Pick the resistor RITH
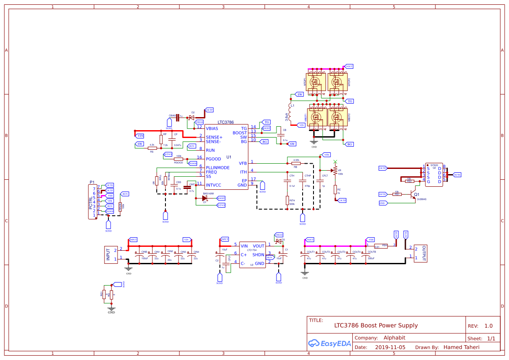point(287,201)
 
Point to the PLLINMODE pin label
point(218,168)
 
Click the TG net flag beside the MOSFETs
point(350,101)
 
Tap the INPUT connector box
point(108,255)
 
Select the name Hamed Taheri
point(461,347)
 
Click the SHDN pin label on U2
point(258,255)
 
